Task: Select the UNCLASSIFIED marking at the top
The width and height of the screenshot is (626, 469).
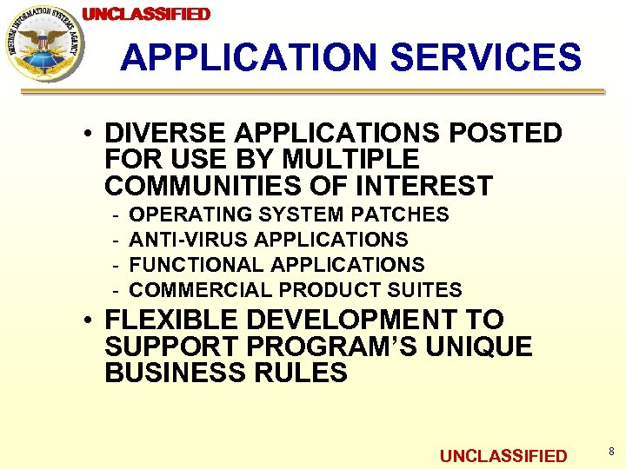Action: coord(146,14)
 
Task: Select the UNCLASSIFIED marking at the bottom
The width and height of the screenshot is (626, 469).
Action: coord(503,456)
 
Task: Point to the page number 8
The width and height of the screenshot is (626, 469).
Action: coord(611,452)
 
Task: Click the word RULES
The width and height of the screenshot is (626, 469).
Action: coord(301,373)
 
